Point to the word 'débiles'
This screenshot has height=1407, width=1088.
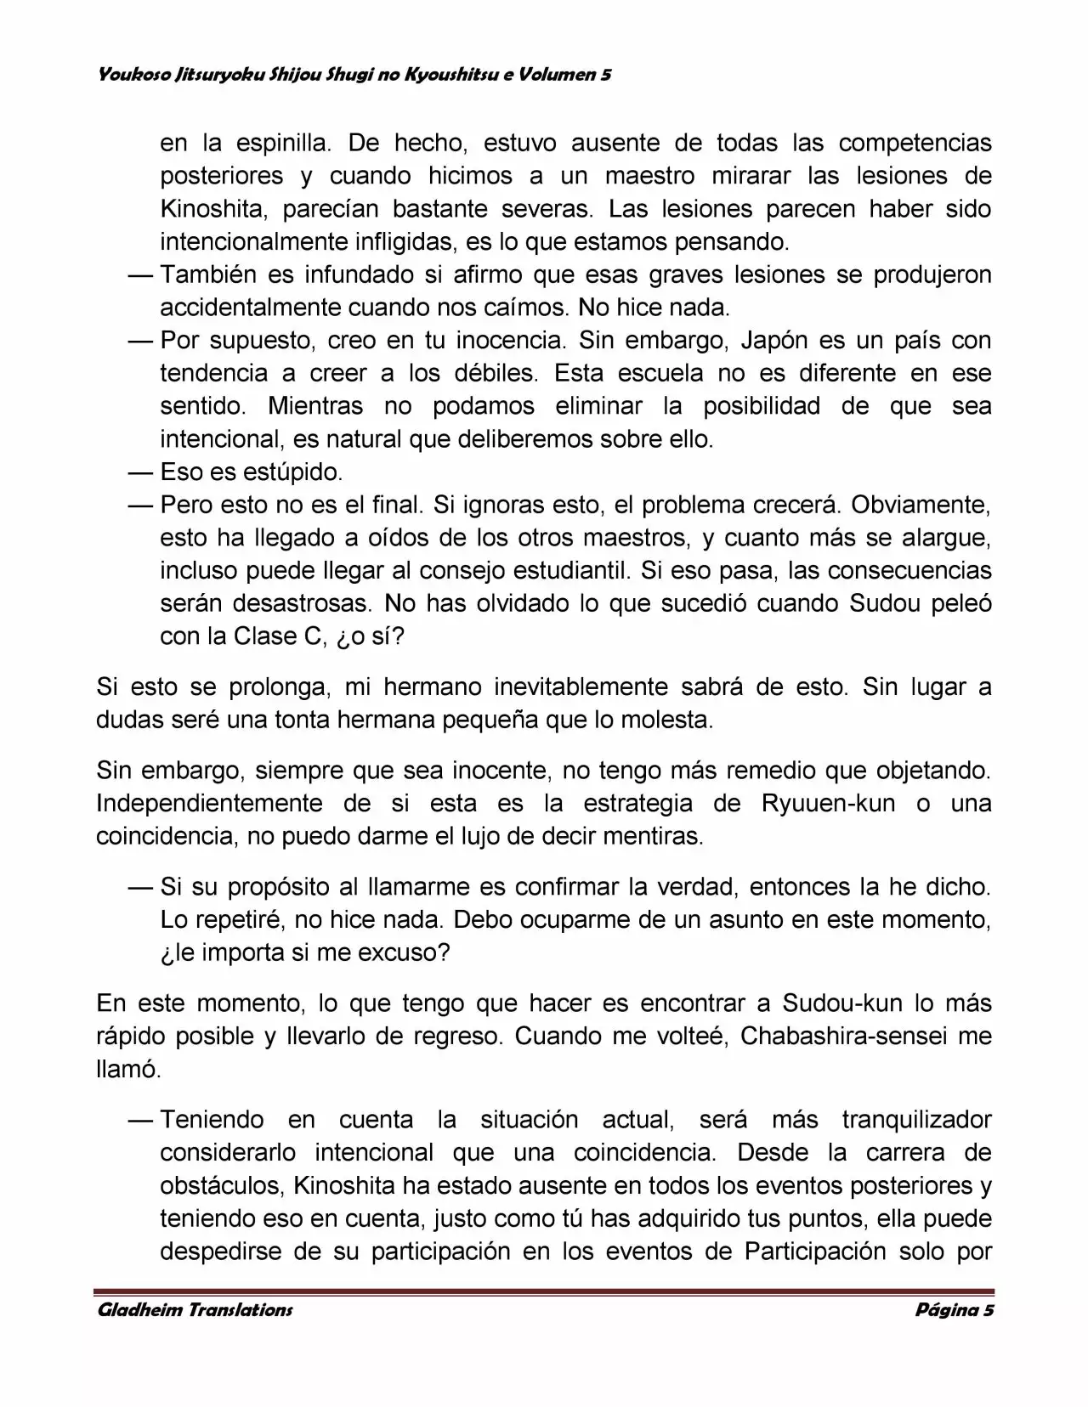[496, 374]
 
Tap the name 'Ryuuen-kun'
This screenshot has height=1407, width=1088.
[829, 804]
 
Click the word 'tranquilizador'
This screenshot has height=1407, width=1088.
[916, 1120]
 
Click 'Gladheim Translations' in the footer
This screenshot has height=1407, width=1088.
[195, 1309]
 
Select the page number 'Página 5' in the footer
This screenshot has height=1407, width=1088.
[954, 1309]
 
